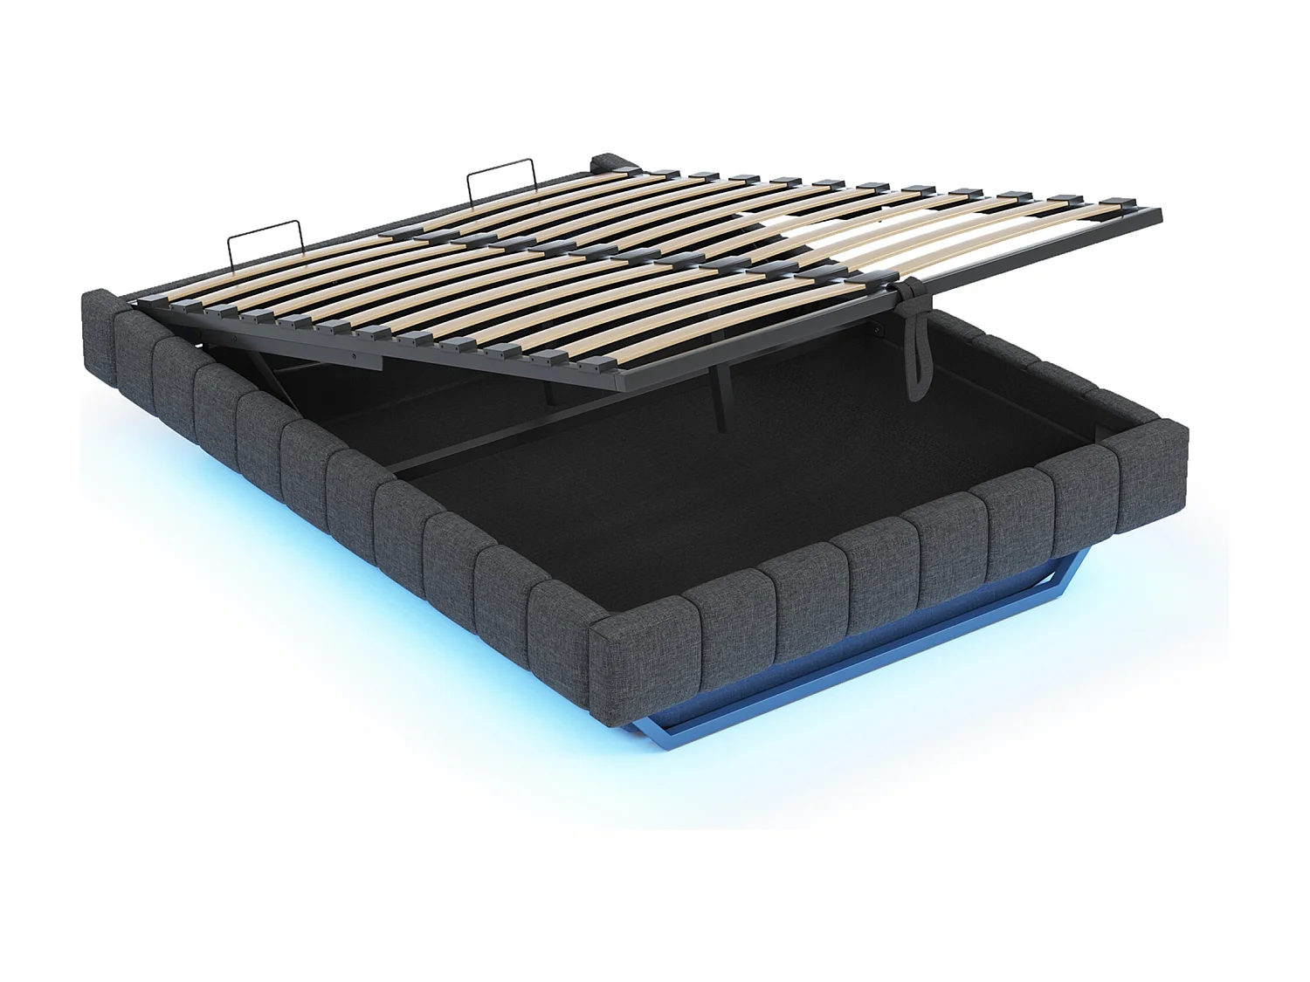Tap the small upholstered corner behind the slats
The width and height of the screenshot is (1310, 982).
(604, 162)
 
